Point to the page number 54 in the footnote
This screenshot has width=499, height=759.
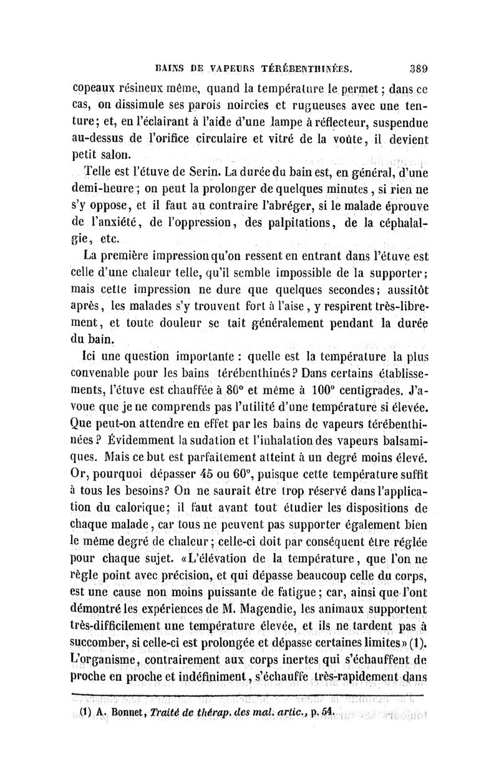pyautogui.click(x=328, y=712)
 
